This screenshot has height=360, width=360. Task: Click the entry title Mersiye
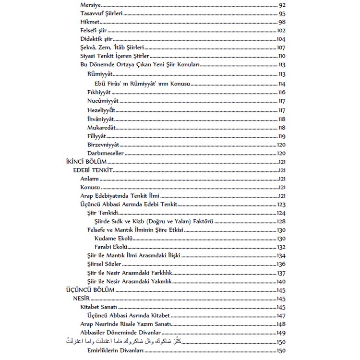tap(90, 5)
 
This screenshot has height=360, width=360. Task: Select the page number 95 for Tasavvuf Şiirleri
tap(282, 14)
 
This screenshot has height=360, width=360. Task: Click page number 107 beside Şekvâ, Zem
tap(281, 48)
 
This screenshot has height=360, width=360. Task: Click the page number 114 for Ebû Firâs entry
tap(282, 84)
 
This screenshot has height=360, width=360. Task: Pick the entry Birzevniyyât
tap(103, 144)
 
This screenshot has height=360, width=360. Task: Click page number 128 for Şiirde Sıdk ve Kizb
tap(281, 221)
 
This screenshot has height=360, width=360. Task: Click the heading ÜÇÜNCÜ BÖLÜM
tap(82, 291)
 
